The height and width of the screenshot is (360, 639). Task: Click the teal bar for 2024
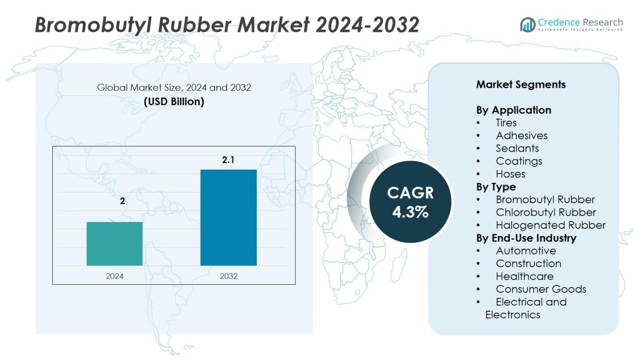click(115, 244)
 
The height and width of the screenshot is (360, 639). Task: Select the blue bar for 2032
click(228, 217)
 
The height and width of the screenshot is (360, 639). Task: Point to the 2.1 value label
click(228, 159)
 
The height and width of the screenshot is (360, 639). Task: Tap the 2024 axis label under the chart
click(115, 276)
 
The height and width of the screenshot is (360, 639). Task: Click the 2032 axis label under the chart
click(229, 276)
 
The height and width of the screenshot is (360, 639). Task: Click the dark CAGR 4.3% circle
click(410, 202)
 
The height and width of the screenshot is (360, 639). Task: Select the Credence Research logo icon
click(528, 24)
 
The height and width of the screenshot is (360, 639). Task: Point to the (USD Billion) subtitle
click(174, 102)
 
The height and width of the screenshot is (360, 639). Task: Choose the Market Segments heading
click(520, 85)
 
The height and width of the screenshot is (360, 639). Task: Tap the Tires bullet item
click(506, 123)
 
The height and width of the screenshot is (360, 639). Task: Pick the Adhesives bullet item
click(521, 136)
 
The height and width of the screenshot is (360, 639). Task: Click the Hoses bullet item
click(510, 174)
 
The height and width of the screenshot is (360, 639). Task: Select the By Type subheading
click(496, 187)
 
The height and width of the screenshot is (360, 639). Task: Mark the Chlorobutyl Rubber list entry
click(545, 212)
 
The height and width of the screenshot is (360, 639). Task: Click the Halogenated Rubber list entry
click(550, 225)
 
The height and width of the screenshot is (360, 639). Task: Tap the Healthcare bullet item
click(524, 276)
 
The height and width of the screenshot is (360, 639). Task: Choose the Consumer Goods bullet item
click(541, 289)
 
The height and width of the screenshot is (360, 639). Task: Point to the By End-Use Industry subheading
click(526, 238)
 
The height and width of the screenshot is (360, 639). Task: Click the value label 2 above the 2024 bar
click(122, 201)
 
